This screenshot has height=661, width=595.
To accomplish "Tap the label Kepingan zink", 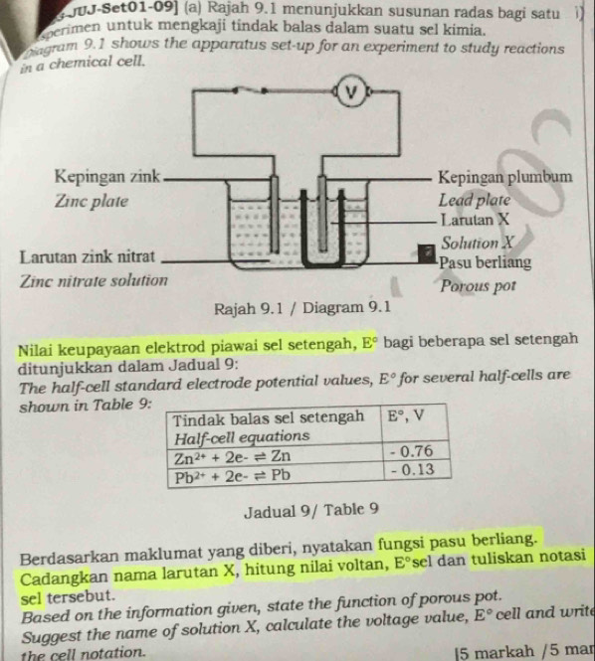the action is [107, 177].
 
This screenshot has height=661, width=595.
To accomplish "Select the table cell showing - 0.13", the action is [411, 471].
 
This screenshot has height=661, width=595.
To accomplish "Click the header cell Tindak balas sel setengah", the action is [270, 416].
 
